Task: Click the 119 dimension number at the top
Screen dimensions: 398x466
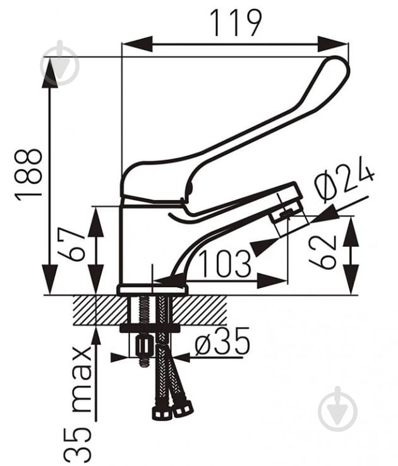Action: [x=236, y=23]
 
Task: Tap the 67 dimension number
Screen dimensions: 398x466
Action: [x=71, y=244]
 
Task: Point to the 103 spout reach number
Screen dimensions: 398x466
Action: [x=225, y=264]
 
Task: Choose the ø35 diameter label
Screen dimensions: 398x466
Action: [x=222, y=342]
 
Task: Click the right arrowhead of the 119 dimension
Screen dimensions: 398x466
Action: [x=332, y=44]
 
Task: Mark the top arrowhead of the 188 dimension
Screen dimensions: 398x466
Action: [x=49, y=73]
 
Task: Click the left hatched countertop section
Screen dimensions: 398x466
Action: [x=101, y=311]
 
